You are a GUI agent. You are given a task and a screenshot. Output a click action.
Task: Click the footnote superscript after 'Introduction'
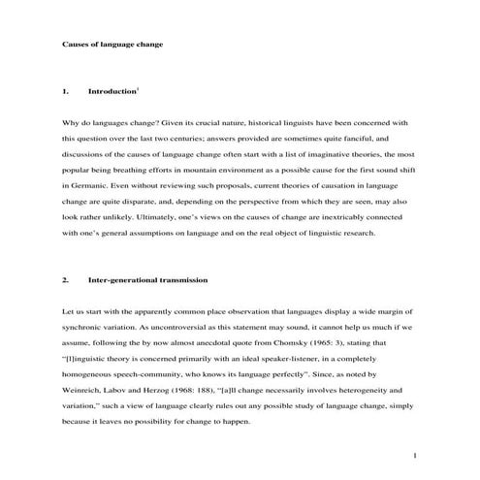click(139, 88)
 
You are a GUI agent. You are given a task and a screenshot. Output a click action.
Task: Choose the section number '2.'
click(64, 280)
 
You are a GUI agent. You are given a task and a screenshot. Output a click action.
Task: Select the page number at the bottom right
click(414, 455)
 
